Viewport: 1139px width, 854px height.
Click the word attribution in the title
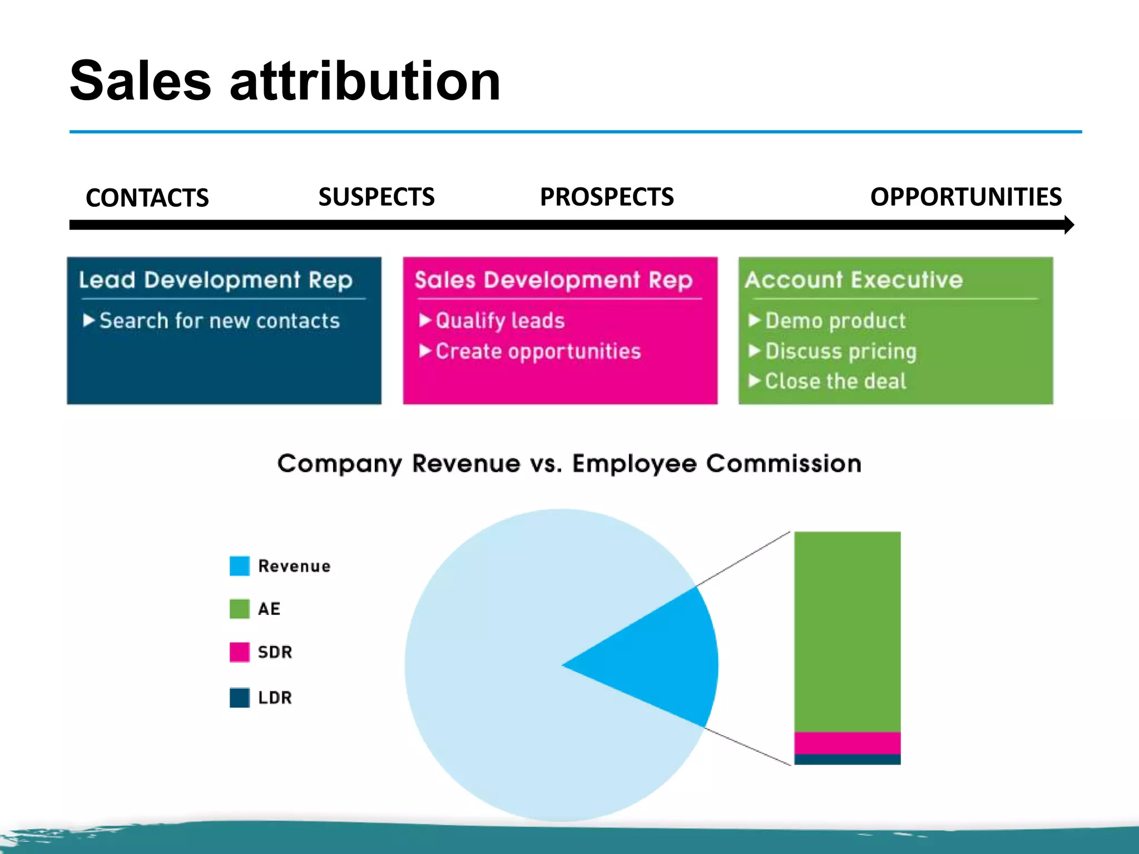pyautogui.click(x=365, y=82)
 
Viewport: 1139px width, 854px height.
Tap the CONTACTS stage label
pyautogui.click(x=147, y=198)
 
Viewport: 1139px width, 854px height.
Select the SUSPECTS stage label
pyautogui.click(x=377, y=197)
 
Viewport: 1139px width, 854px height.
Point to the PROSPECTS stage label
pyautogui.click(x=607, y=197)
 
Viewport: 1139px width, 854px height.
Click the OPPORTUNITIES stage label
pyautogui.click(x=966, y=197)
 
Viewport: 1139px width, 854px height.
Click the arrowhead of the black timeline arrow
pyautogui.click(x=1068, y=225)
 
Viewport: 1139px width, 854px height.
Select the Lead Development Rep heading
pyautogui.click(x=216, y=280)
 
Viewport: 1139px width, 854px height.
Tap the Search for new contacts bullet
pyautogui.click(x=219, y=321)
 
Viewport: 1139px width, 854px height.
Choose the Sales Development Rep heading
pyautogui.click(x=553, y=280)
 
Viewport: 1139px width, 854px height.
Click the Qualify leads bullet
pyautogui.click(x=499, y=321)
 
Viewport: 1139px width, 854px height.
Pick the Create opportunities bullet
pyautogui.click(x=538, y=351)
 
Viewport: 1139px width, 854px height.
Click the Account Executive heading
pyautogui.click(x=854, y=280)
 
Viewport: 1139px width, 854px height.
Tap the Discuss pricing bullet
pyautogui.click(x=840, y=351)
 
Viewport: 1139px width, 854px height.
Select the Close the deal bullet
pyautogui.click(x=835, y=381)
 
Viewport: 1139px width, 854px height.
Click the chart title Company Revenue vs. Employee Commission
pyautogui.click(x=569, y=463)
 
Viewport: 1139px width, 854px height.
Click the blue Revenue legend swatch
pyautogui.click(x=240, y=566)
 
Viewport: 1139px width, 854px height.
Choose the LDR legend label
pyautogui.click(x=275, y=697)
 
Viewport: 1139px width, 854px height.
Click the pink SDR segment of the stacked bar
pyautogui.click(x=847, y=743)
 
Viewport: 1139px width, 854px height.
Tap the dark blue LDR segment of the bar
pyautogui.click(x=847, y=759)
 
